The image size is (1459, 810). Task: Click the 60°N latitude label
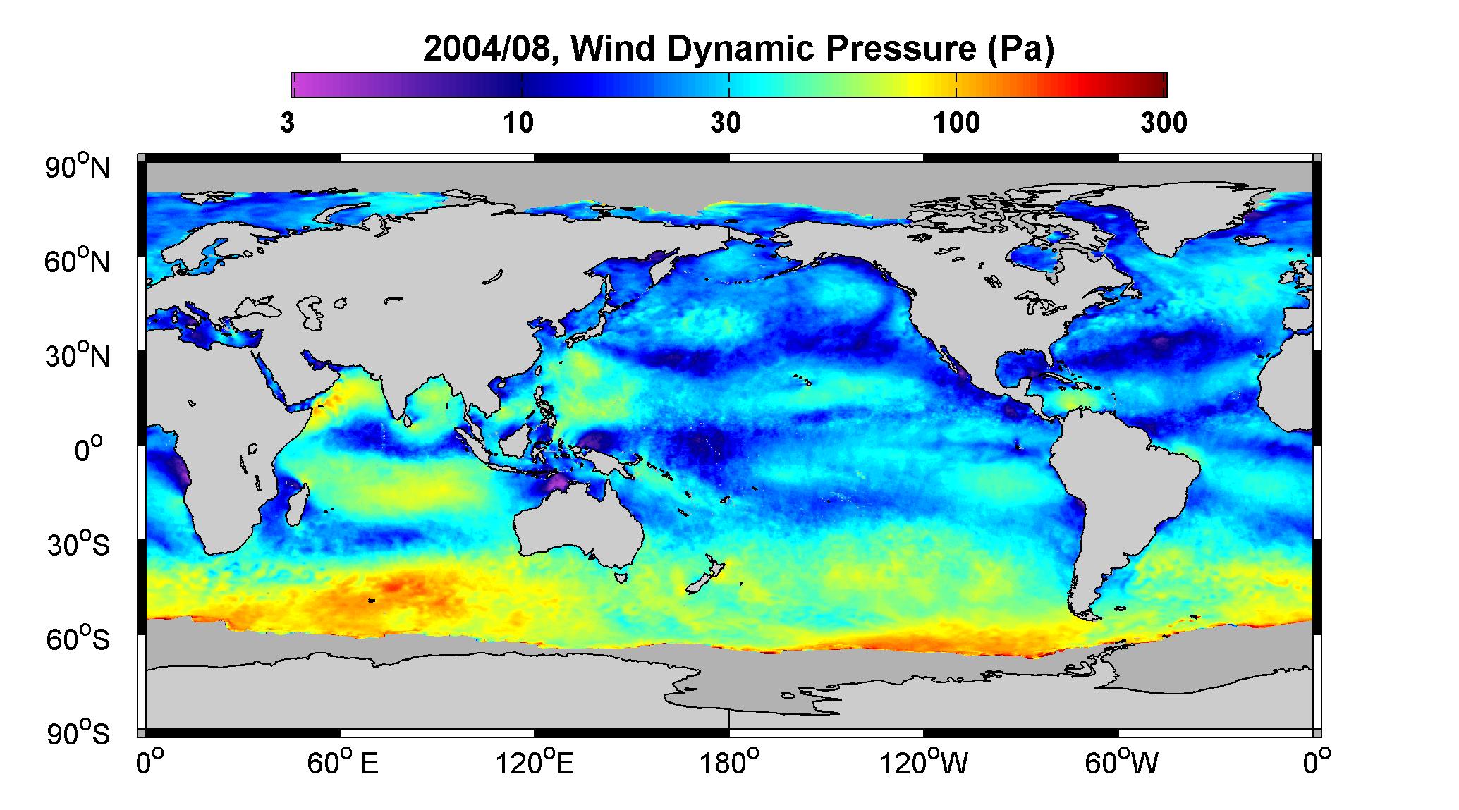tap(78, 262)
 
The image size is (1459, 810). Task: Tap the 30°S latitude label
tap(78, 544)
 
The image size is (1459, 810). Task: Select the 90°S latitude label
tap(78, 733)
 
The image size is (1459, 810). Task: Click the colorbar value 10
tap(518, 123)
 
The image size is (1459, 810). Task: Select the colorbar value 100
tap(956, 123)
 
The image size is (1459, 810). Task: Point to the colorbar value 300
tap(1164, 123)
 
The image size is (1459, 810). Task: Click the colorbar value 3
tap(287, 123)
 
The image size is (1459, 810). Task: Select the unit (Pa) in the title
tap(1019, 49)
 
